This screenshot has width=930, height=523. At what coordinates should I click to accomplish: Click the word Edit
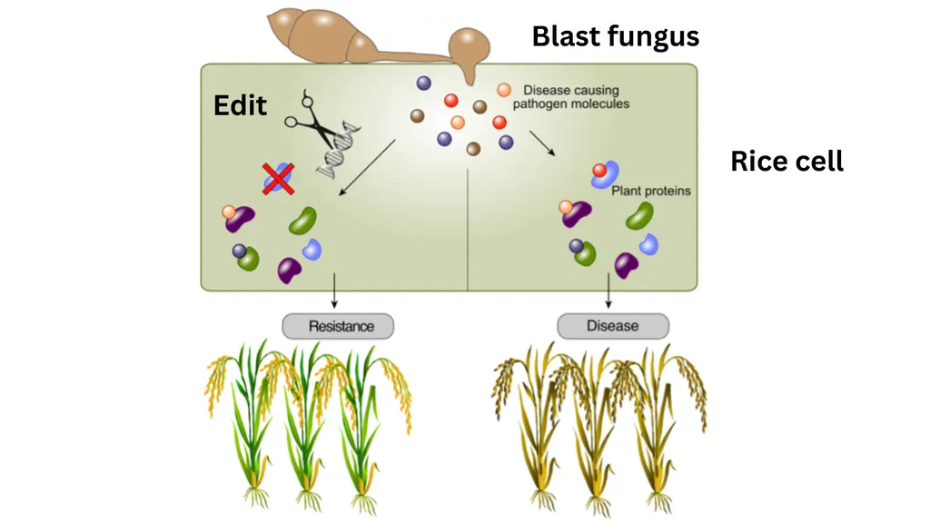coord(240,105)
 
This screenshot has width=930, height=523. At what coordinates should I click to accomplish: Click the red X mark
coord(278,179)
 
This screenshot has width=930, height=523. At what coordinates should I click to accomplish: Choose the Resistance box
coord(338,326)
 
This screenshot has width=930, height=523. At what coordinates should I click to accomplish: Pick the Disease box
coord(613,326)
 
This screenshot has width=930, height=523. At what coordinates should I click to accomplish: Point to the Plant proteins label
coord(650,191)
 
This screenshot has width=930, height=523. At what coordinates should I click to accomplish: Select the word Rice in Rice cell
coord(757,162)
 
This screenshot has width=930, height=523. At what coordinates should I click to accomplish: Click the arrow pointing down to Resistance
coord(334,291)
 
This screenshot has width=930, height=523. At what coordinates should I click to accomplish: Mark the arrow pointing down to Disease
coord(608,291)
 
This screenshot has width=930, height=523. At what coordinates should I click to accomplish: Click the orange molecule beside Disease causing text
coord(504,90)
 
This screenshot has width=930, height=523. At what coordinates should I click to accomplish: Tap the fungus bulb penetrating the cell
coord(470,52)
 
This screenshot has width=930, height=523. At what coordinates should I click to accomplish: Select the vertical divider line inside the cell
coord(468,230)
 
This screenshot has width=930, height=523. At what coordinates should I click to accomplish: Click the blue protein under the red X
coord(278,179)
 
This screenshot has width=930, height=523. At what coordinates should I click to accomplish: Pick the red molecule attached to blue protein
coord(599,171)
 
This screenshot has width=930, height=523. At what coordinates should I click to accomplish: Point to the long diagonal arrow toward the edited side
coord(367,168)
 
